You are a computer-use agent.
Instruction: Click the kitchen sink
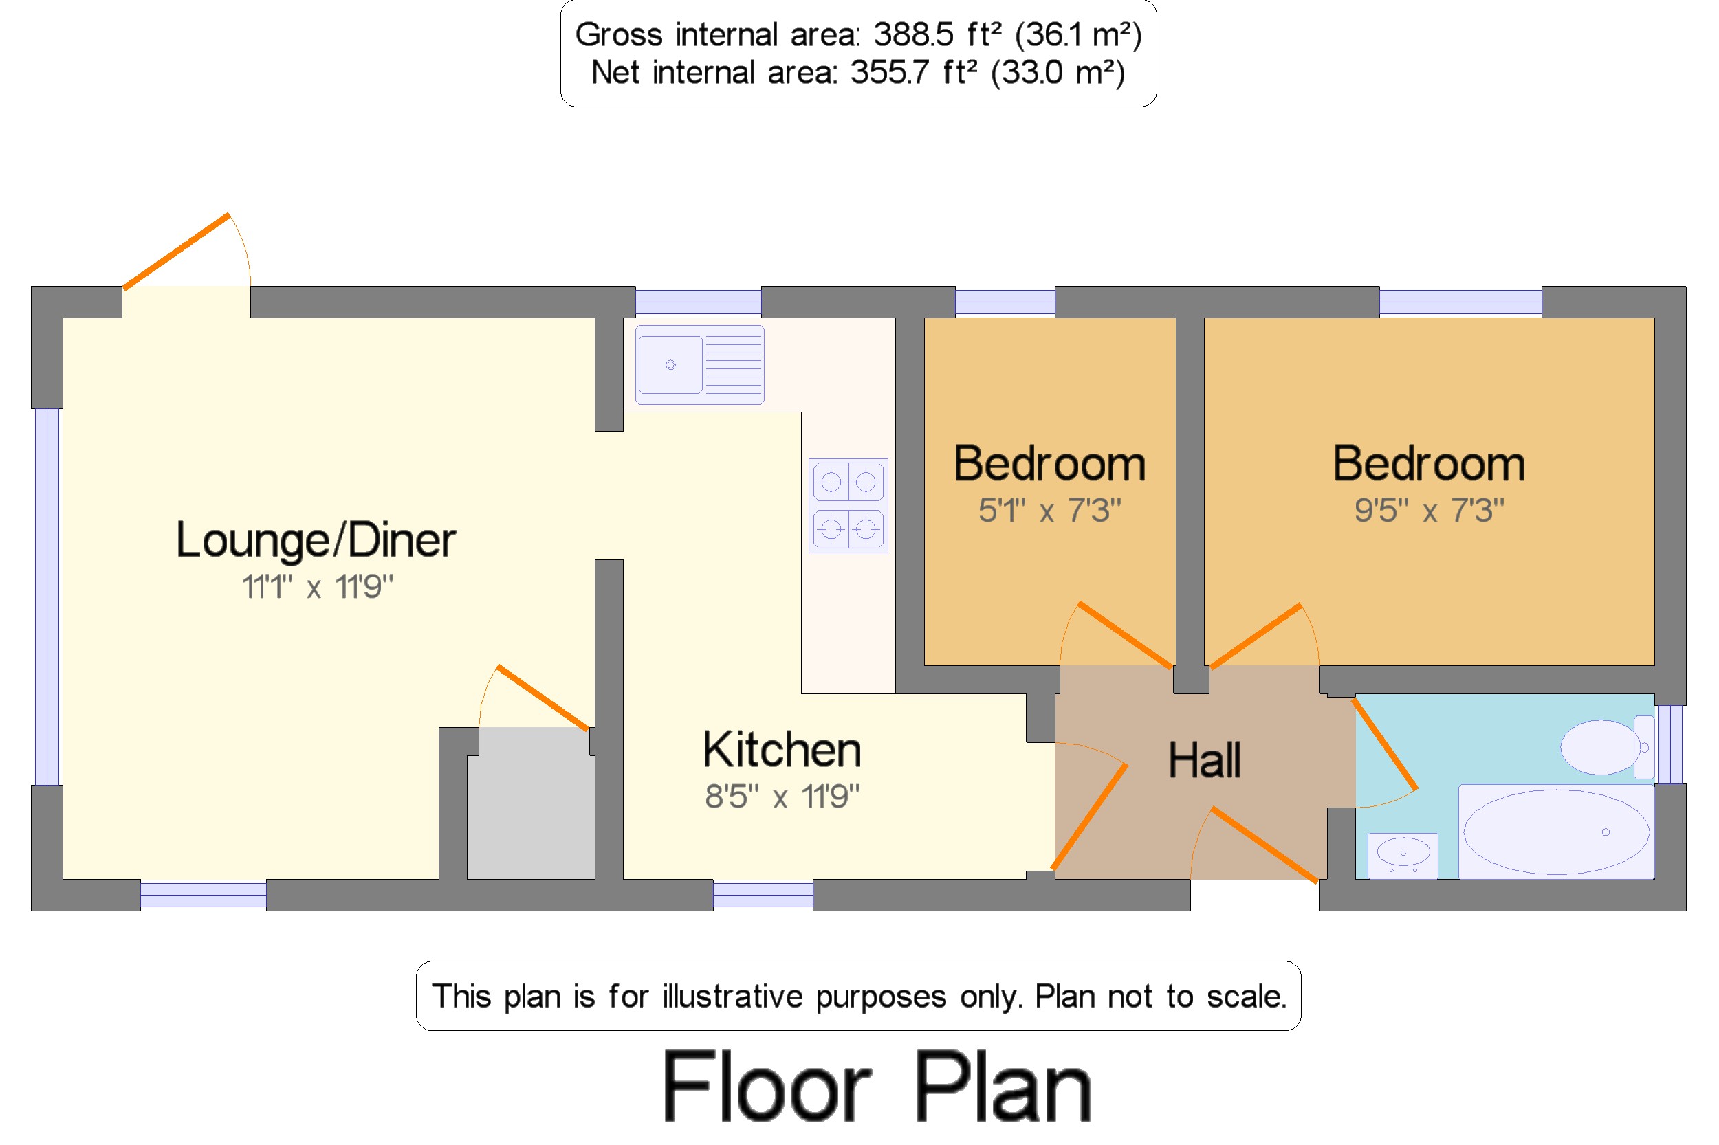click(699, 364)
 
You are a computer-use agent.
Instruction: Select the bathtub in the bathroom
click(1556, 832)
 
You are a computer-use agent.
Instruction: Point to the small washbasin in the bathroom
click(1402, 855)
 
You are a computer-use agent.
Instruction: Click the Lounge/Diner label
click(316, 540)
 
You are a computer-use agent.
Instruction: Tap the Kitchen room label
click(782, 750)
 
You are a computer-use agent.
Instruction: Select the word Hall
click(1204, 760)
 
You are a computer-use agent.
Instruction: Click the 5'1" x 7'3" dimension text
click(1049, 511)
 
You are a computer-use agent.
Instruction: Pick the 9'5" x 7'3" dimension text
click(1429, 511)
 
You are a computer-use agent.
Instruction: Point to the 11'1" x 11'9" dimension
click(317, 586)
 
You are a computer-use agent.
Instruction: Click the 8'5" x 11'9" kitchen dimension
click(782, 796)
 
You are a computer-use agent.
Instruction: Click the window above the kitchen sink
click(698, 302)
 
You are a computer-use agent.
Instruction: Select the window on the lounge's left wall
click(47, 597)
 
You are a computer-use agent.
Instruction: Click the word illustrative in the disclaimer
click(733, 996)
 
